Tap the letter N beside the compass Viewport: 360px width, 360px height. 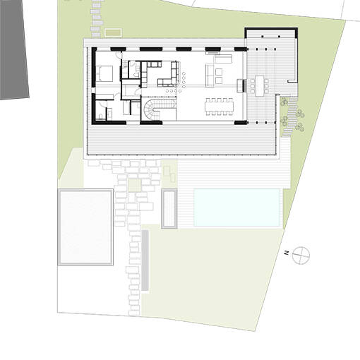coord(286,253)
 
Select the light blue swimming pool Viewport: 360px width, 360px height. coord(236,208)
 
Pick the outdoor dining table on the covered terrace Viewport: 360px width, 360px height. coord(261,85)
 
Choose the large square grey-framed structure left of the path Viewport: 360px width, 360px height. coord(85,227)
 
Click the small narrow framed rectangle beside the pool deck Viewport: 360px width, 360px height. coord(169,208)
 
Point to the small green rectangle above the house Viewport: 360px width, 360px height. coord(113,32)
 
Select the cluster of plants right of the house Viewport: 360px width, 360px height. coord(289,116)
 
